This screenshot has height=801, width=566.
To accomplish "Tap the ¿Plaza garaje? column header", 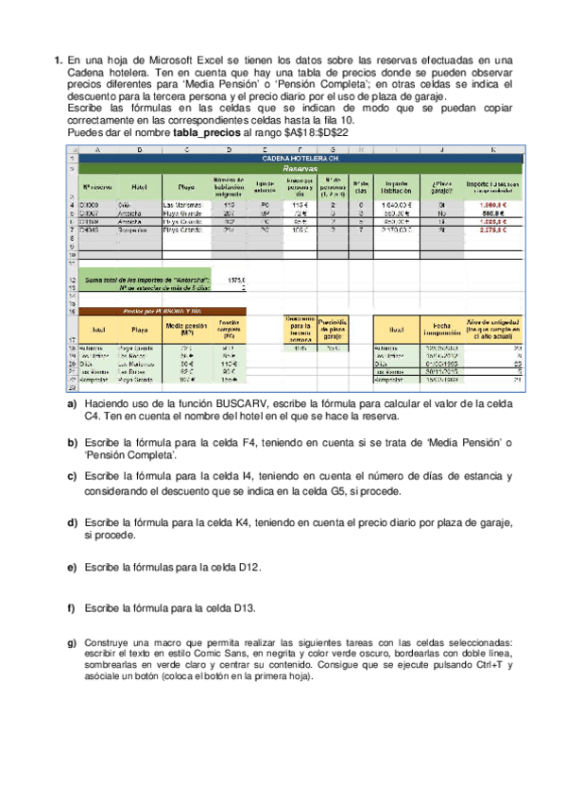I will click(442, 186).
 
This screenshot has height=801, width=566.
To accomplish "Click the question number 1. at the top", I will click(58, 60).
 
